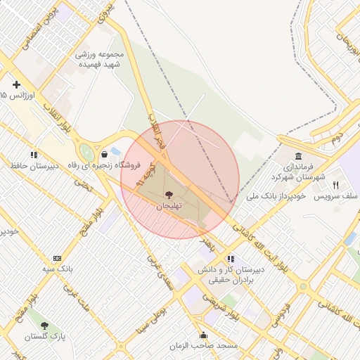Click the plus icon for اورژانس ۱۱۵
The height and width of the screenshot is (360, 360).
point(16,85)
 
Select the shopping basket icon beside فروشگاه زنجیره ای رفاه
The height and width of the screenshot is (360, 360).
point(104,154)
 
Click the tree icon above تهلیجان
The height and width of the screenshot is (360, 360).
point(168,194)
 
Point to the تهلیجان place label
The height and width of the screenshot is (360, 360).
point(169,205)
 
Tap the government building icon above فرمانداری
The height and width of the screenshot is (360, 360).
point(299,156)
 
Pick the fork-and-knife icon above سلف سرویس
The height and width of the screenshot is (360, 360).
point(336,185)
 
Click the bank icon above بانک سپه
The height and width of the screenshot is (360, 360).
point(57,258)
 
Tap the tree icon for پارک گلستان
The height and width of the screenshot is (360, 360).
point(45,326)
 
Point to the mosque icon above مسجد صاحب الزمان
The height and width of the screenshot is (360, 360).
point(204,335)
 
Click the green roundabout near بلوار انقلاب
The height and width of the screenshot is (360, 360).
point(86,152)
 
